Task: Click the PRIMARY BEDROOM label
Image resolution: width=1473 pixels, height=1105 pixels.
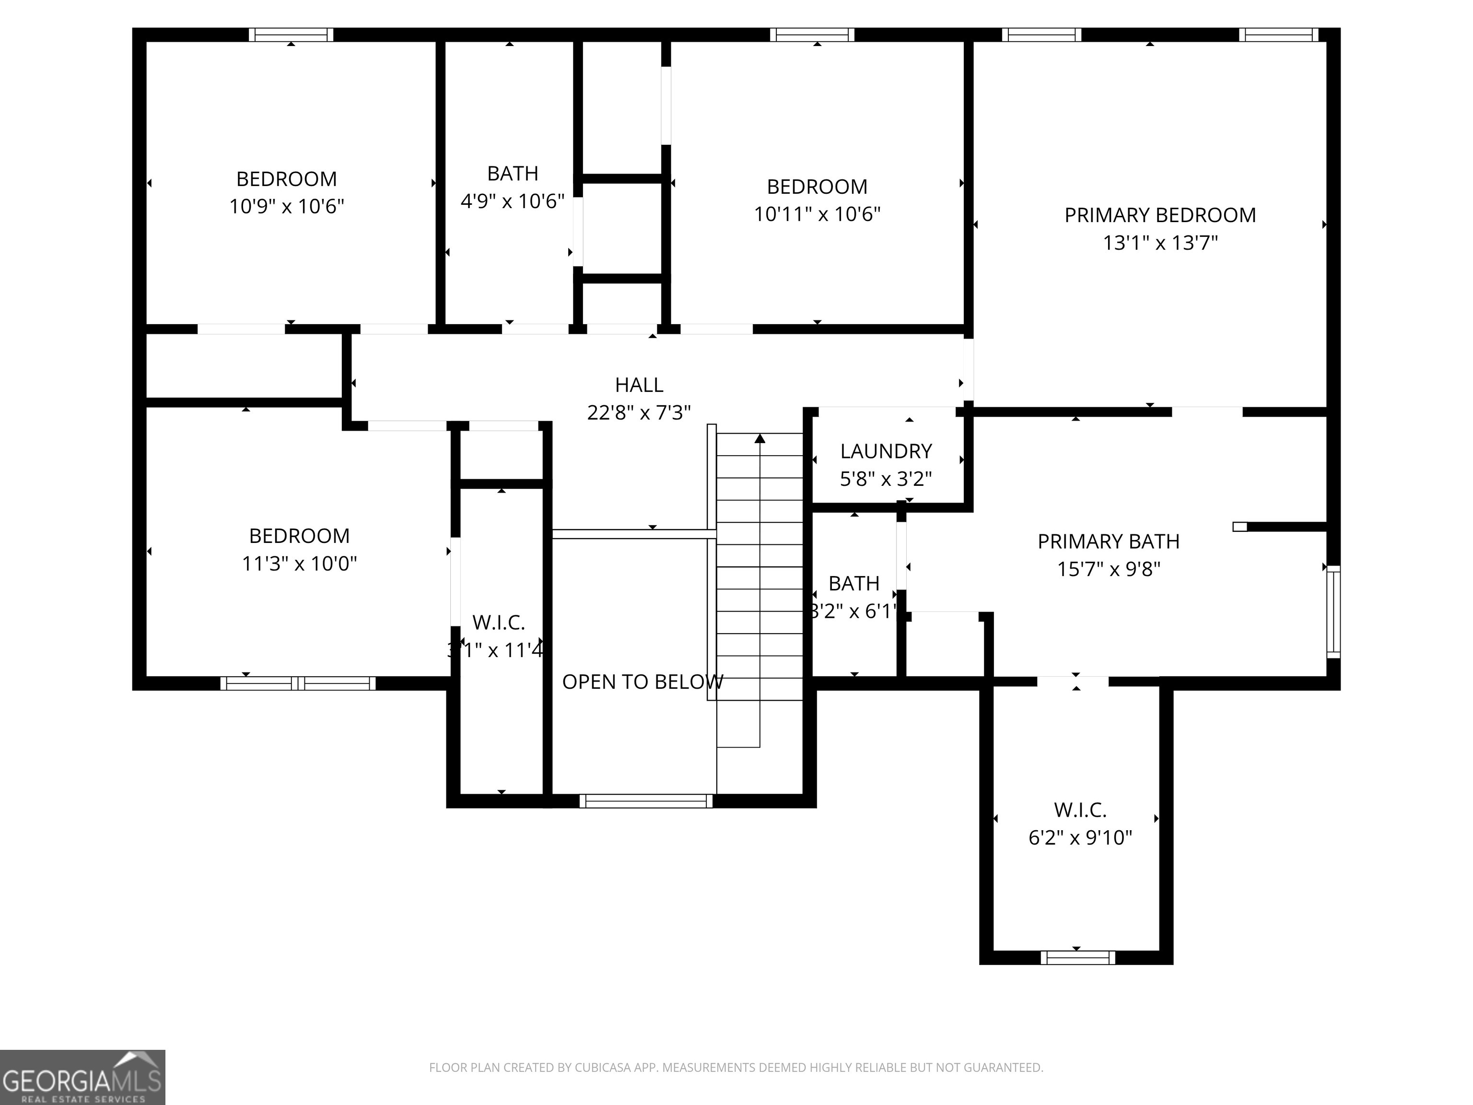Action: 1159,215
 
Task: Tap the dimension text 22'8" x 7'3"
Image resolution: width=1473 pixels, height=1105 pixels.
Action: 639,413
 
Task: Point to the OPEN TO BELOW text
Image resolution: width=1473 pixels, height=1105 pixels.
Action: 642,682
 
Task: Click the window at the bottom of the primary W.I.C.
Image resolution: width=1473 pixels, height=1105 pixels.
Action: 1077,958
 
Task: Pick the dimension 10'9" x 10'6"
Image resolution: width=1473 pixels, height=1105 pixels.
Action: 286,207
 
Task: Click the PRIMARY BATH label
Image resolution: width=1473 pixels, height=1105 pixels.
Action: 1108,541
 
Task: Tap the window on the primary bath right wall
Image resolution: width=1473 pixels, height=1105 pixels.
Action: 1333,611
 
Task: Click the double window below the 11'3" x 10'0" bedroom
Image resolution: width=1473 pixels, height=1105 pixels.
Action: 298,683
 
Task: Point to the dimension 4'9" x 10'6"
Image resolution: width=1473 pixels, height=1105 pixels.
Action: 512,201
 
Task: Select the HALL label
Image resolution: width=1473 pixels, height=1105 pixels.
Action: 639,385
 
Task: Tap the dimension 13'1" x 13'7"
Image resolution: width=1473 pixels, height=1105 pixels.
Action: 1159,243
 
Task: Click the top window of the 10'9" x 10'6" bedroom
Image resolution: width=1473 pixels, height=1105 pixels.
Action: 291,35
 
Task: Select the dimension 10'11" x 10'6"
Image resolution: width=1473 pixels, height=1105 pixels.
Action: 817,214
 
